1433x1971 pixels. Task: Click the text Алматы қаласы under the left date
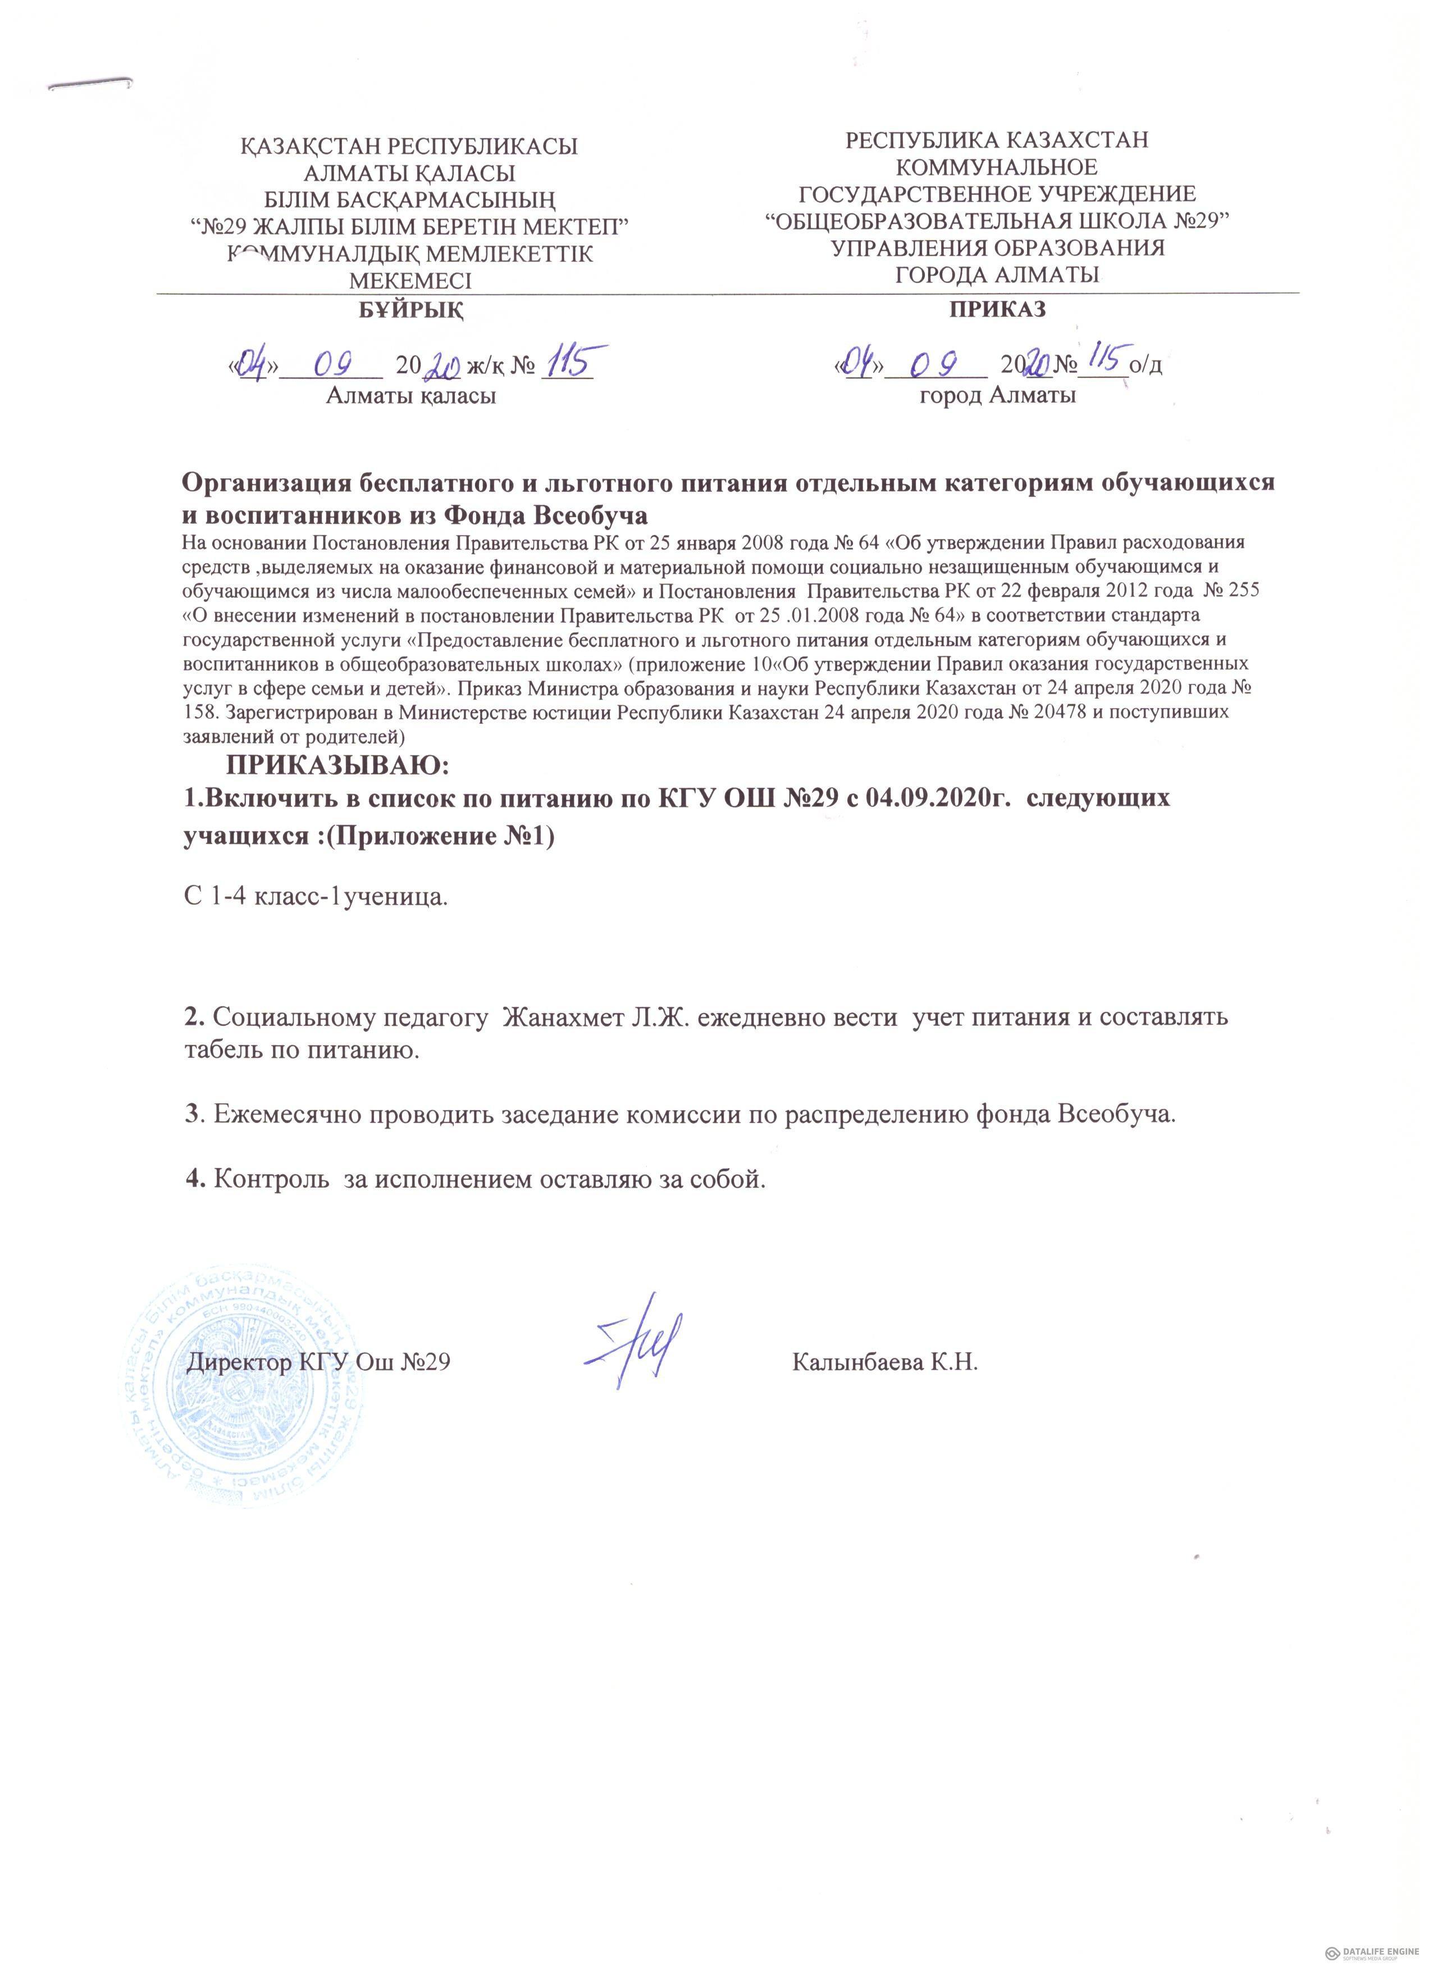click(x=410, y=397)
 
